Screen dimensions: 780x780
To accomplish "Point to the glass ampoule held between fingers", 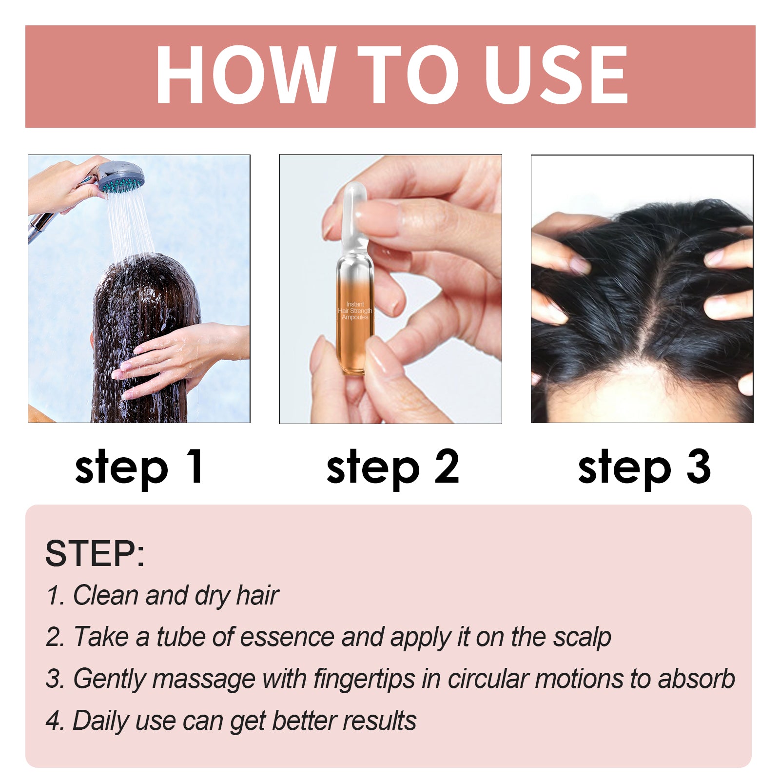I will (354, 292).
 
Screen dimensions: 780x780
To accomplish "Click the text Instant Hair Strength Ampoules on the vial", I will (355, 311).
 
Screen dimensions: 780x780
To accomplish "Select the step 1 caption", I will (139, 467).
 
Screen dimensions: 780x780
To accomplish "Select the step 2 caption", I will (392, 467).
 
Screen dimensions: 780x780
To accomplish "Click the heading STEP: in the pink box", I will (95, 554).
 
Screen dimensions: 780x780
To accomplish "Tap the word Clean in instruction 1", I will (106, 595).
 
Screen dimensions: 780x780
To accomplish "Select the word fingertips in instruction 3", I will (365, 679).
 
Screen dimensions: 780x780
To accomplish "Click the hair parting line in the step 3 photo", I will (653, 302).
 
